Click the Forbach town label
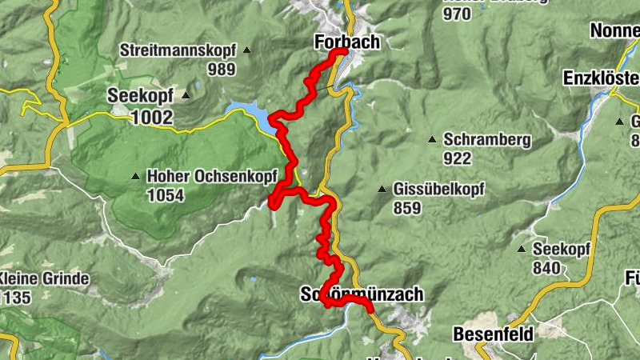pyautogui.click(x=347, y=41)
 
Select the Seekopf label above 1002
pyautogui.click(x=140, y=95)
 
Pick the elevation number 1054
pyautogui.click(x=166, y=194)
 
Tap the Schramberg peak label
pyautogui.click(x=486, y=140)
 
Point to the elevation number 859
pyautogui.click(x=408, y=209)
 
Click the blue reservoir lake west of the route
pyautogui.click(x=248, y=113)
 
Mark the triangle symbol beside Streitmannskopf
pyautogui.click(x=246, y=51)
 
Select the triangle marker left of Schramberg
pyautogui.click(x=431, y=140)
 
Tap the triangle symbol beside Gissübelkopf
pyautogui.click(x=382, y=190)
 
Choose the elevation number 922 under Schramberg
pyautogui.click(x=457, y=158)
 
